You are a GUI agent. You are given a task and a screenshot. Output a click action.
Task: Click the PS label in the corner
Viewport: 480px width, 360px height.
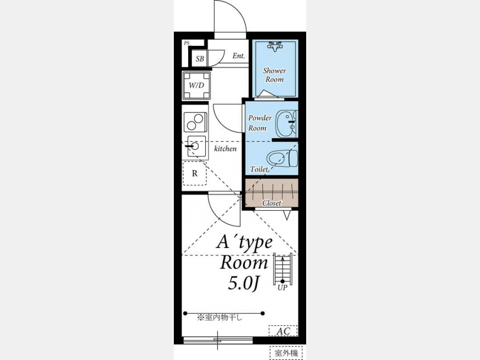(x=187, y=43)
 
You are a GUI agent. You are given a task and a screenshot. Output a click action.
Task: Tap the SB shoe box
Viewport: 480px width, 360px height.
(x=200, y=59)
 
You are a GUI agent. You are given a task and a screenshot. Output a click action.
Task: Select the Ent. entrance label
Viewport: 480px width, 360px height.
(x=238, y=55)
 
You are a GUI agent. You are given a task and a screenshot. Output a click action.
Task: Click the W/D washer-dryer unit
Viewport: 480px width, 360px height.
(x=196, y=86)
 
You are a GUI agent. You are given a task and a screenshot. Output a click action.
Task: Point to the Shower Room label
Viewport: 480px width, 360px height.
(x=275, y=75)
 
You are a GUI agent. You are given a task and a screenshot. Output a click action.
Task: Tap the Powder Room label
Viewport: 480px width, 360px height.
(x=260, y=123)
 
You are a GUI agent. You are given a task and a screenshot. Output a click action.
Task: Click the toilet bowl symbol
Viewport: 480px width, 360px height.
(x=282, y=158)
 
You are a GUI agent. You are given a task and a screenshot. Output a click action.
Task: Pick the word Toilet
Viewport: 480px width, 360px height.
(x=259, y=169)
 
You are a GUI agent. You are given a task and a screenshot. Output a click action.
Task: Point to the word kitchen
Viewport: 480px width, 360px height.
(x=225, y=149)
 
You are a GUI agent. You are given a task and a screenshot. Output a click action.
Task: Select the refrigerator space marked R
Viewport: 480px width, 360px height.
(x=195, y=173)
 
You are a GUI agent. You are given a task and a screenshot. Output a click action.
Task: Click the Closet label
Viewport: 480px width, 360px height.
(x=272, y=203)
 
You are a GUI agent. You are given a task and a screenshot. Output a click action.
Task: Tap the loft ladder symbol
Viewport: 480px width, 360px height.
(x=283, y=269)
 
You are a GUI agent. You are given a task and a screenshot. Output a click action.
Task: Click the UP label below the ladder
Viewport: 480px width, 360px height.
(x=282, y=288)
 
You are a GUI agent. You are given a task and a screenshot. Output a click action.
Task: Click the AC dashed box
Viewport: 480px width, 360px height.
(x=283, y=331)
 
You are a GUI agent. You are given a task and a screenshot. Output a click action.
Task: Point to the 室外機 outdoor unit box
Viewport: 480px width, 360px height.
(x=286, y=353)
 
